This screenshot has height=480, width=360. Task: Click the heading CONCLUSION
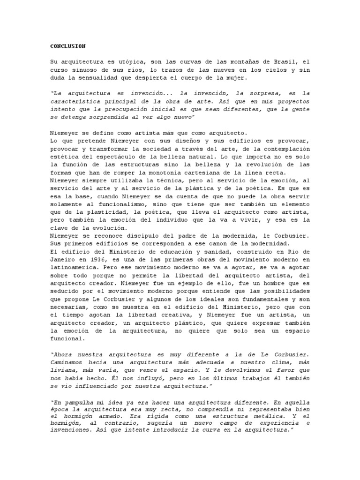coord(68,46)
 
